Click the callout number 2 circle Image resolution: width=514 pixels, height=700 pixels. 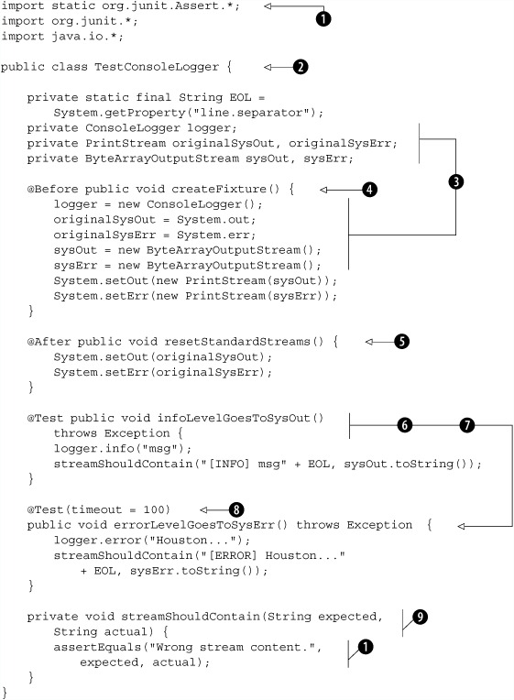coord(301,67)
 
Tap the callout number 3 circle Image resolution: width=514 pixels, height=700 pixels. coord(455,181)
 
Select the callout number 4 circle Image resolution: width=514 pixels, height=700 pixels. coord(369,190)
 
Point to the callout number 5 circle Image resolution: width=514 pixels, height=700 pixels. coord(401,342)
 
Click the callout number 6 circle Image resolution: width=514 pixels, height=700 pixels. coord(405,425)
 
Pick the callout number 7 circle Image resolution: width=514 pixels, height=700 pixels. coord(466,425)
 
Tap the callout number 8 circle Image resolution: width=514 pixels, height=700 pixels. coord(236,509)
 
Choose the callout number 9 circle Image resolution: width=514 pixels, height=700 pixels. coord(420,617)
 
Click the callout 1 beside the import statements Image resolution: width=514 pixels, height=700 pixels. coord(323,18)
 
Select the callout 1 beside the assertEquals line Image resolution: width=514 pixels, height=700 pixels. coord(366,647)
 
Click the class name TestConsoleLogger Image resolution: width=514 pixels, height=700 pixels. coord(157,67)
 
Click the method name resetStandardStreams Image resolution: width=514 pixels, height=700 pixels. coord(237,342)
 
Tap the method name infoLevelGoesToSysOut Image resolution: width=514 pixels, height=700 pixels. coord(234,418)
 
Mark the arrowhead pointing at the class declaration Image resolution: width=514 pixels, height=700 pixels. coord(268,67)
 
